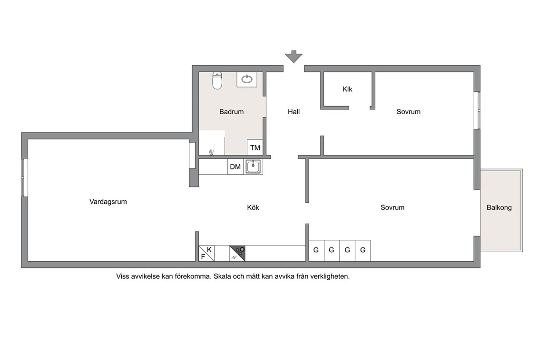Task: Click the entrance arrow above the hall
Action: click(294, 57)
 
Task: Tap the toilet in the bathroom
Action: click(217, 81)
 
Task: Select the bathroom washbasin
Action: click(247, 79)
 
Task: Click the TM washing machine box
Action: click(255, 148)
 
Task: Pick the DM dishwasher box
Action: click(235, 167)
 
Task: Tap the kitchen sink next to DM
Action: click(253, 167)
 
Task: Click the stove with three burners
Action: click(237, 254)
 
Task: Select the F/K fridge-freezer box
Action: click(206, 254)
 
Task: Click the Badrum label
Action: click(231, 112)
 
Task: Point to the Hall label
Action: click(294, 112)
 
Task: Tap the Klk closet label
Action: click(347, 89)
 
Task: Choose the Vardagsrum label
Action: click(108, 202)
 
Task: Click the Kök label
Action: click(253, 207)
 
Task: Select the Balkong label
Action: click(499, 208)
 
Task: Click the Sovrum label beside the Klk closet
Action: click(408, 112)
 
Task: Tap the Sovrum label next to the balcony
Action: click(392, 207)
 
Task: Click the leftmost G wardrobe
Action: click(316, 251)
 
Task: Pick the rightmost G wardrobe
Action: click(363, 251)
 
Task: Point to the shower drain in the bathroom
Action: click(211, 152)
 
